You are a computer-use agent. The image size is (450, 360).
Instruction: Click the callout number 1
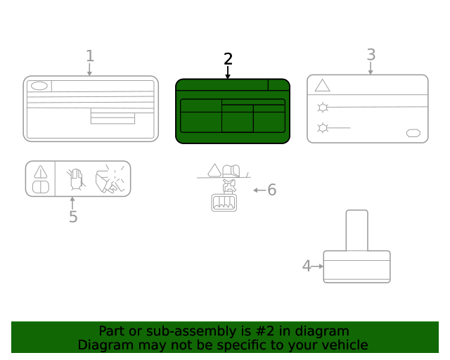[x=90, y=56]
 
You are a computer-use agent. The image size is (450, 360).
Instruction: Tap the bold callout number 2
[x=228, y=59]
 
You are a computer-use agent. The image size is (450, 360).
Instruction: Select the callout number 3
[x=371, y=55]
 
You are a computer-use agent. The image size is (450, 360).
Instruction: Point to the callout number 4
[x=307, y=266]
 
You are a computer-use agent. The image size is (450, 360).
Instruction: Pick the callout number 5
[x=73, y=217]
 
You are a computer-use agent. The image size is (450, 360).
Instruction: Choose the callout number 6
[x=272, y=190]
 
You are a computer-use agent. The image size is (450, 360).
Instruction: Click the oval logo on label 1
[x=39, y=86]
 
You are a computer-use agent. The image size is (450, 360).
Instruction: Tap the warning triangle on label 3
[x=322, y=85]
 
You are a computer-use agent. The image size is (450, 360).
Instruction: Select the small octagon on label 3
[x=413, y=133]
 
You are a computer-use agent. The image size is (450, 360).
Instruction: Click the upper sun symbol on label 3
[x=323, y=108]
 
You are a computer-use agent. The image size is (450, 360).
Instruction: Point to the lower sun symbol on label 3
[x=323, y=128]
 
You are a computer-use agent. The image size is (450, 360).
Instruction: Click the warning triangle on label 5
[x=41, y=172]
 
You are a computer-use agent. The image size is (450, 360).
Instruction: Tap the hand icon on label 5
[x=76, y=179]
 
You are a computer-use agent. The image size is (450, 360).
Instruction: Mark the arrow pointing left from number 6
[x=259, y=190]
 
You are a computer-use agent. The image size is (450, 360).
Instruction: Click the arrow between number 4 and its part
[x=317, y=266]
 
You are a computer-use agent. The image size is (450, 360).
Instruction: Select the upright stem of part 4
[x=356, y=231]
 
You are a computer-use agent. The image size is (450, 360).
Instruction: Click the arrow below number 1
[x=89, y=70]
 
